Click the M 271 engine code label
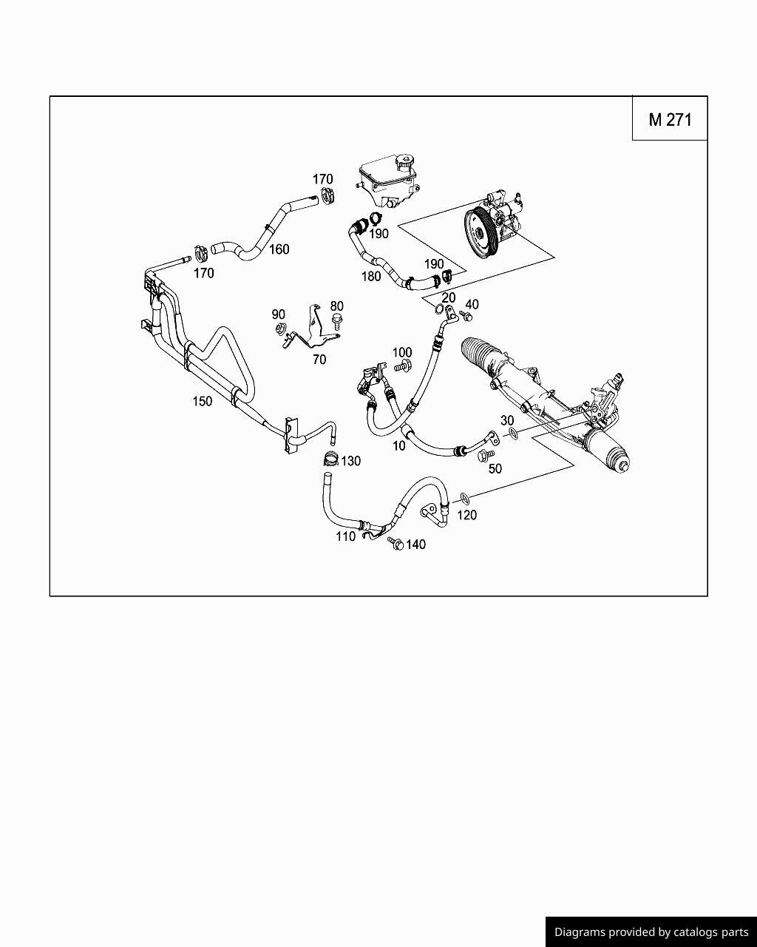click(x=670, y=119)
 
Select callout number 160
click(x=279, y=249)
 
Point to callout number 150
click(x=202, y=401)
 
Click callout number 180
click(x=370, y=276)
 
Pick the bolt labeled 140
click(x=396, y=545)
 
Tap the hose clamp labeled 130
click(x=330, y=459)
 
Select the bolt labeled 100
click(x=403, y=365)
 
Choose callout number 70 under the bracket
click(x=319, y=360)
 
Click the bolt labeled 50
click(x=485, y=456)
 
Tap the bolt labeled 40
click(x=466, y=316)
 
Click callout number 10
click(x=399, y=445)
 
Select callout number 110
click(x=345, y=536)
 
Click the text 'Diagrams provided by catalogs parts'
click(x=651, y=932)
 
